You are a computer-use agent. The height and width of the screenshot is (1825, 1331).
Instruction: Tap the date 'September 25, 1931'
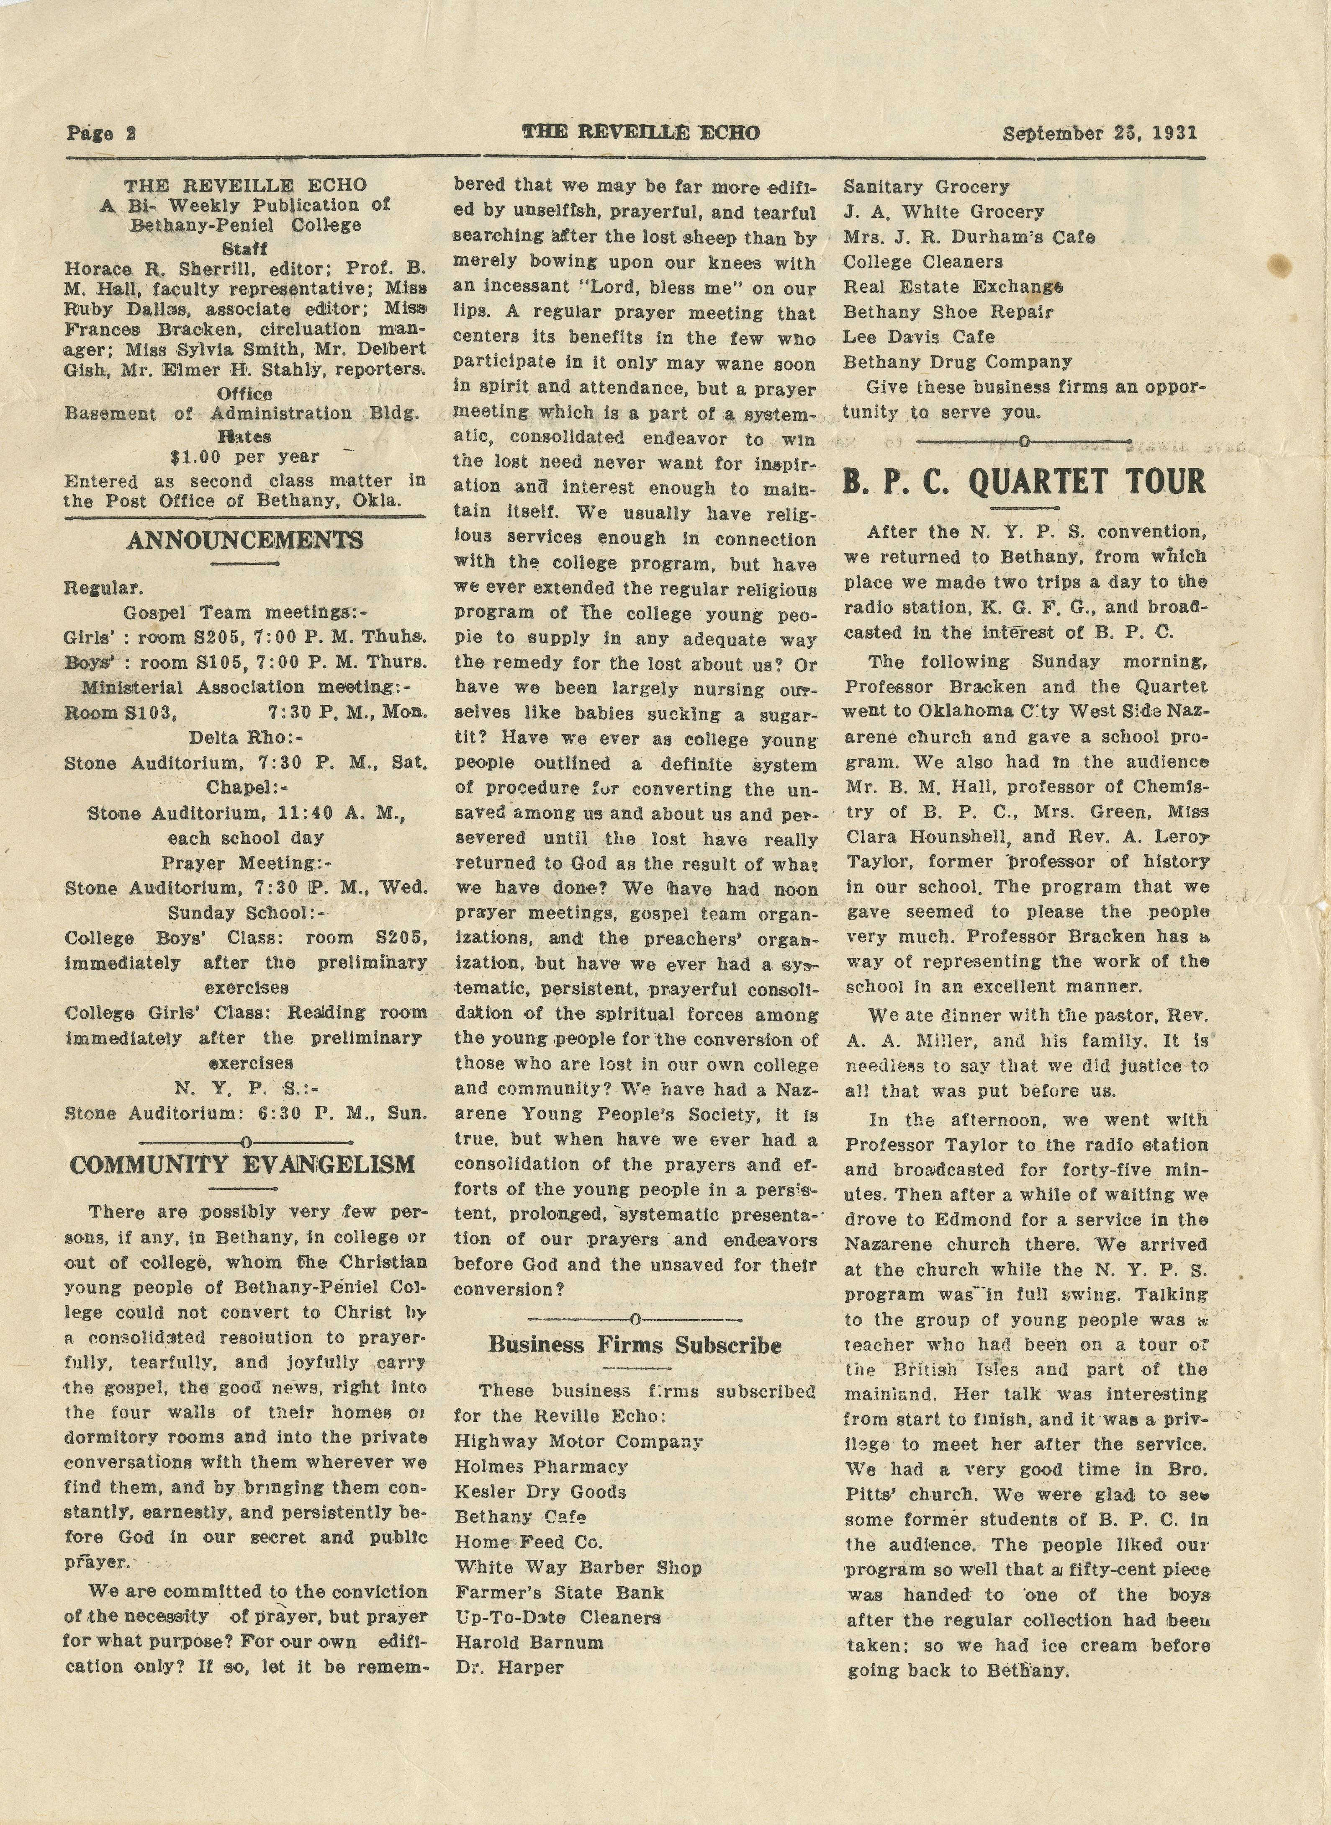(1100, 133)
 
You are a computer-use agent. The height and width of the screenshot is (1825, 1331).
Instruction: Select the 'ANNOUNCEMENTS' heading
(245, 540)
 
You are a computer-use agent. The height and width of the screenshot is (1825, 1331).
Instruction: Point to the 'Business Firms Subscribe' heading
(635, 1345)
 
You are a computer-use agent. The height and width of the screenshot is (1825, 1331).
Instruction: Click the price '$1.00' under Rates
(190, 456)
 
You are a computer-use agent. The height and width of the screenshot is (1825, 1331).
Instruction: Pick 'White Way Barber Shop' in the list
(578, 1567)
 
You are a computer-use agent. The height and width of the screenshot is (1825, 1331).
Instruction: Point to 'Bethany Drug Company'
(957, 362)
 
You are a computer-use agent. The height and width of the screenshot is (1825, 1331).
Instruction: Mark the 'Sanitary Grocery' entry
(926, 187)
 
